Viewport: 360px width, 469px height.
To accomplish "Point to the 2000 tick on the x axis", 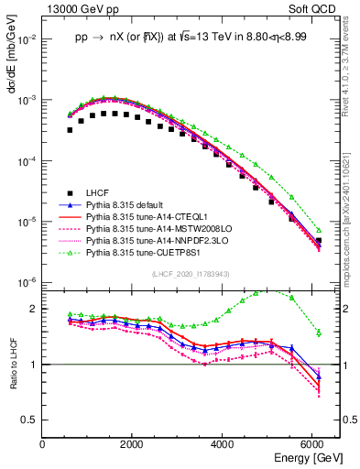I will (x=133, y=444).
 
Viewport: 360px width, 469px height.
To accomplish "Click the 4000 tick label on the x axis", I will (x=224, y=444).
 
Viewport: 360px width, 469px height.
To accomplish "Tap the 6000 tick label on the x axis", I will (x=313, y=444).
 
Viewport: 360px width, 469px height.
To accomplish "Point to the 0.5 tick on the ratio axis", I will (x=31, y=420).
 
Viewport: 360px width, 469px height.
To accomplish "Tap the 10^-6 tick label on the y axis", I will (x=27, y=282).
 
